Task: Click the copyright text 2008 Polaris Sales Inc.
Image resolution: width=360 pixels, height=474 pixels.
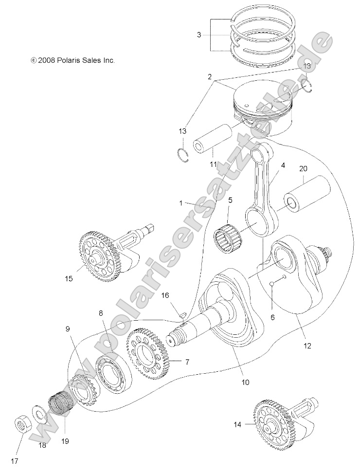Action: point(72,61)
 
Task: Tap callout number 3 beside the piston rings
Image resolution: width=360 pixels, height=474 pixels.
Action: point(199,35)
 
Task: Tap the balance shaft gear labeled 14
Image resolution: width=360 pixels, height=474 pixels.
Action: point(272,423)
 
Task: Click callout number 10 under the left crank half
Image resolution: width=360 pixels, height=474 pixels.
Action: point(245,382)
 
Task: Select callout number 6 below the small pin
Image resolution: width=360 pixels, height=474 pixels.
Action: point(272,317)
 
